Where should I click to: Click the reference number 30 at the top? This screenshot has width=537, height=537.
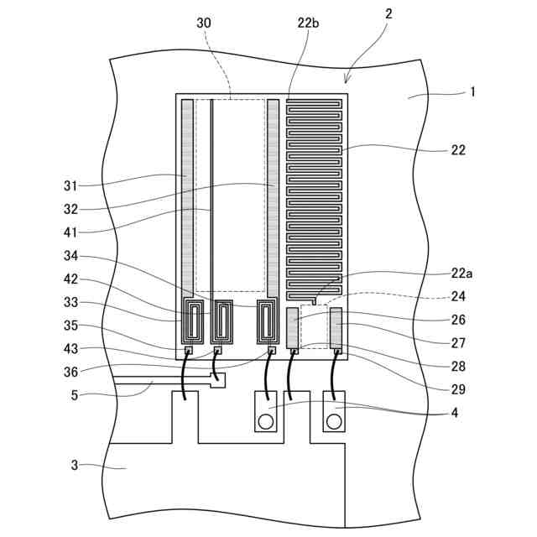point(204,23)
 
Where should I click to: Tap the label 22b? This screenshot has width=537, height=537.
point(308,23)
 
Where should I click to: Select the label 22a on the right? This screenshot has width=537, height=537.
point(461,274)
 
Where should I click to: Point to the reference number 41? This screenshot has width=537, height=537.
point(70,232)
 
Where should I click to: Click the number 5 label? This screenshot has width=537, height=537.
point(75,395)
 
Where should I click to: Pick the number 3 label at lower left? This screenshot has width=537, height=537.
point(75,465)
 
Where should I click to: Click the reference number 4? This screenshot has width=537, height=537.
point(455,413)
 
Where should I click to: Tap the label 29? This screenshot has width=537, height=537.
point(458,389)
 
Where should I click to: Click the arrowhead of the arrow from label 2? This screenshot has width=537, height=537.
point(346,82)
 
